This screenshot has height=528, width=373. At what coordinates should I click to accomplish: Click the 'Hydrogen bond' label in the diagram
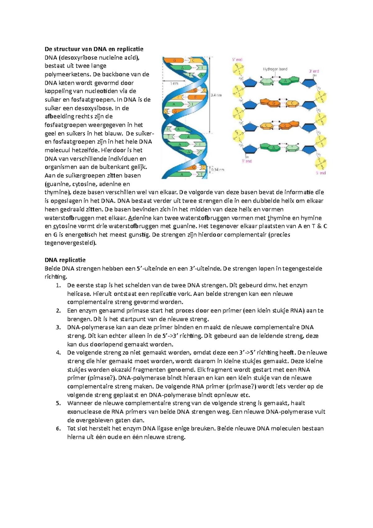[x=275, y=69]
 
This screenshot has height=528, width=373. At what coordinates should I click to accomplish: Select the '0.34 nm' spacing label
[x=218, y=170]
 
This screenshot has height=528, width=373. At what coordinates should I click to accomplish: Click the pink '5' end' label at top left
[x=237, y=59]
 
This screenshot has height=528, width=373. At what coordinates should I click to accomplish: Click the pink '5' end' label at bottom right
[x=321, y=173]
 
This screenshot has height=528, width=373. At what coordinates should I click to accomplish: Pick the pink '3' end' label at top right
[x=314, y=71]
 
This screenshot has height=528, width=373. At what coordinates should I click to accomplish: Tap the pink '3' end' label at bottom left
[x=247, y=161]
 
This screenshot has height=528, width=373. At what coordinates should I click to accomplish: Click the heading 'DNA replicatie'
[x=65, y=260]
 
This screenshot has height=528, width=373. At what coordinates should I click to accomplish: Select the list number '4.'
[x=58, y=353]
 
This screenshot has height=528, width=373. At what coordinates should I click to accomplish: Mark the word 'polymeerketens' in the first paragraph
[x=66, y=74]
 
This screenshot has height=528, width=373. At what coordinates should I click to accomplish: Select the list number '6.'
[x=58, y=428]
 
